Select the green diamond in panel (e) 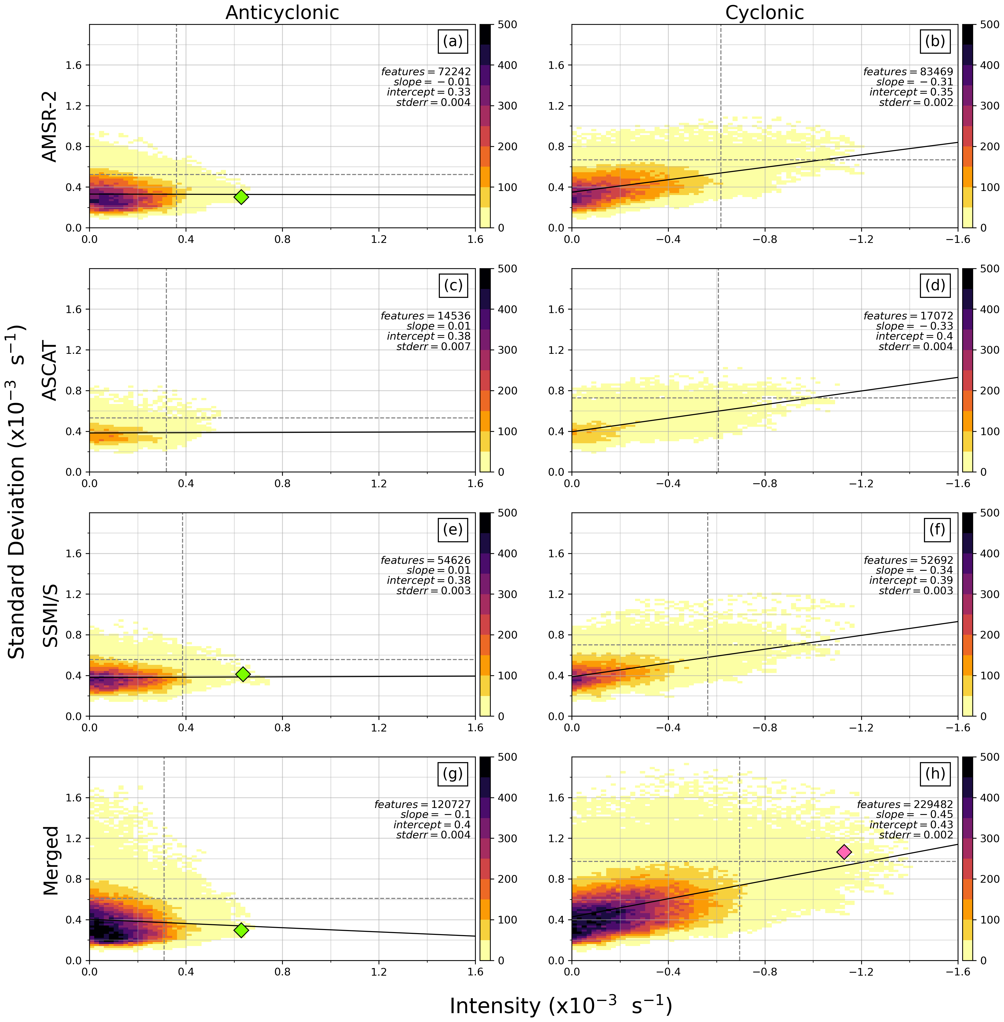[x=243, y=674]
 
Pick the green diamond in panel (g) [x=241, y=930]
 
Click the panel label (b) [x=935, y=41]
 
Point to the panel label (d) [x=935, y=285]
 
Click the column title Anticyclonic [x=282, y=13]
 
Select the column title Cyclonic [x=764, y=13]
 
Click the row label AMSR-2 [x=50, y=127]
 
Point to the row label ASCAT [x=50, y=371]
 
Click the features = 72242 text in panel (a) [x=426, y=72]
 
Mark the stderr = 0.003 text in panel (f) [x=916, y=591]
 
